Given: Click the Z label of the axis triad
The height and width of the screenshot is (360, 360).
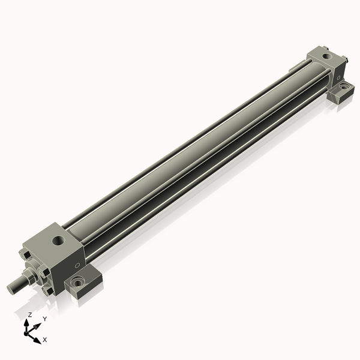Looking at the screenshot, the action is (x=29, y=315).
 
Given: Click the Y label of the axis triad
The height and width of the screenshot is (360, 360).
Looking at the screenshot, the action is (x=45, y=319).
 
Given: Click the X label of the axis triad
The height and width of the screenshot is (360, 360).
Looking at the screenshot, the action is (x=45, y=340).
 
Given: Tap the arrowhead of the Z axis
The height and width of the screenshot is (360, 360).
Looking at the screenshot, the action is (x=27, y=323).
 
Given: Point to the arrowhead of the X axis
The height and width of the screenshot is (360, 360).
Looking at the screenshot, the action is (x=37, y=340).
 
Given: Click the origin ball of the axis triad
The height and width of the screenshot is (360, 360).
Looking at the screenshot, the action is (x=26, y=334).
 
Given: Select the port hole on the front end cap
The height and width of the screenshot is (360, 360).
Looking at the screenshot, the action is (x=59, y=241).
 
